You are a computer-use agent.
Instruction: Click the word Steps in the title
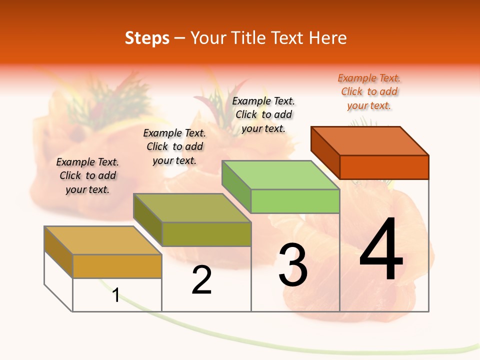click(x=147, y=38)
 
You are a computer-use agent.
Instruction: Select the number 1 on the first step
click(x=115, y=295)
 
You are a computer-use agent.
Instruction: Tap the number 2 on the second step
click(x=201, y=280)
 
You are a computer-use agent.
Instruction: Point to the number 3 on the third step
click(x=292, y=265)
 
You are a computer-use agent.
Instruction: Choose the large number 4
click(x=381, y=250)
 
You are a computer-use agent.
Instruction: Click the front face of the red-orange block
click(x=384, y=167)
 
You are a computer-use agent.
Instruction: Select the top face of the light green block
click(x=281, y=175)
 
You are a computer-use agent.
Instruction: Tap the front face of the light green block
click(x=295, y=201)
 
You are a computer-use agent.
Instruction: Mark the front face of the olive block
click(x=206, y=234)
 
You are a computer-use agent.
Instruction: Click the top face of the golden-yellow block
click(x=103, y=240)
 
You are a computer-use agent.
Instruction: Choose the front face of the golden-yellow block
click(x=117, y=266)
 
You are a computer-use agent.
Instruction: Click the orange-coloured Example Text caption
click(x=369, y=92)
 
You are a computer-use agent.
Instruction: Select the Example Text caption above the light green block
click(x=263, y=115)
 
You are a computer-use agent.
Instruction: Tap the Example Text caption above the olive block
click(x=174, y=146)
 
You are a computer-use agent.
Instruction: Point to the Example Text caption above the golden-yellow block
click(x=87, y=175)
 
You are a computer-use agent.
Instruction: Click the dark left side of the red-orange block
click(x=325, y=152)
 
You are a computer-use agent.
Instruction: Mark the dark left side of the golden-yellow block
click(x=58, y=251)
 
